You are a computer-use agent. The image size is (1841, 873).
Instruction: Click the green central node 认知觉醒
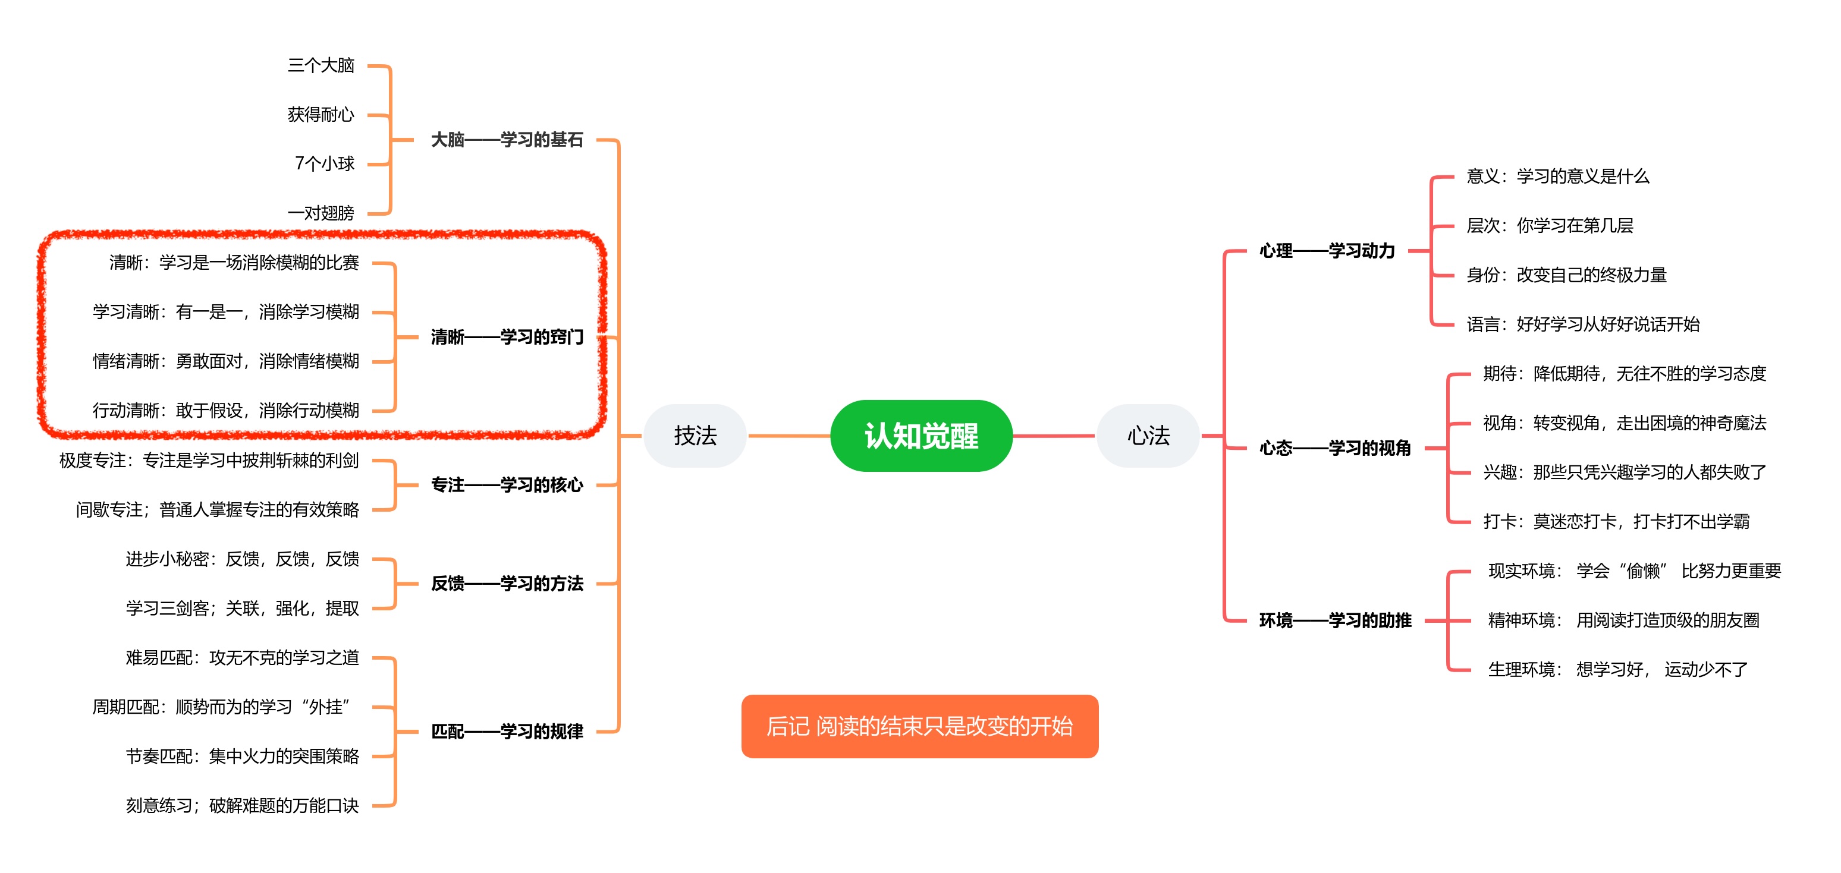point(920,436)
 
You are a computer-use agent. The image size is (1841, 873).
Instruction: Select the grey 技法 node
point(695,436)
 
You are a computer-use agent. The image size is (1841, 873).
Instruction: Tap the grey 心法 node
point(1148,436)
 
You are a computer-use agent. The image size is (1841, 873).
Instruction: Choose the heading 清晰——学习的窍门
point(507,337)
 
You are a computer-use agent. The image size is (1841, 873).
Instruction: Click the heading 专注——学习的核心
point(507,485)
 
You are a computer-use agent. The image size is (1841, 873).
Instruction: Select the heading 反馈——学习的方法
point(507,584)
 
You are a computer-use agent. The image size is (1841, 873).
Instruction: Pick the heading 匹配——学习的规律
point(507,732)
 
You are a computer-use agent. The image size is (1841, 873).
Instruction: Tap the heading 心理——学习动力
point(1327,251)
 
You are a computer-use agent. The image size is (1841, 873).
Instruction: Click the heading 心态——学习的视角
point(1334,448)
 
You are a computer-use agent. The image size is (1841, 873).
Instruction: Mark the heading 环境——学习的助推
point(1334,620)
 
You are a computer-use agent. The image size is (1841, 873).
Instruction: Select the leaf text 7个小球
point(325,163)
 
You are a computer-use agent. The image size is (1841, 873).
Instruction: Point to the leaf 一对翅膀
point(321,213)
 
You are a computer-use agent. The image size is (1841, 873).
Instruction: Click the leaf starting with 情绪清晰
point(226,361)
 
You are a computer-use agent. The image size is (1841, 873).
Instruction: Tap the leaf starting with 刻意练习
point(242,806)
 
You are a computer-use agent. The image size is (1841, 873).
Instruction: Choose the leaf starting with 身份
point(1566,275)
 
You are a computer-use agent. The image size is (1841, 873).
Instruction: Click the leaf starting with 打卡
point(1616,522)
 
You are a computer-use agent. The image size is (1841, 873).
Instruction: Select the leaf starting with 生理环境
point(1617,669)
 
